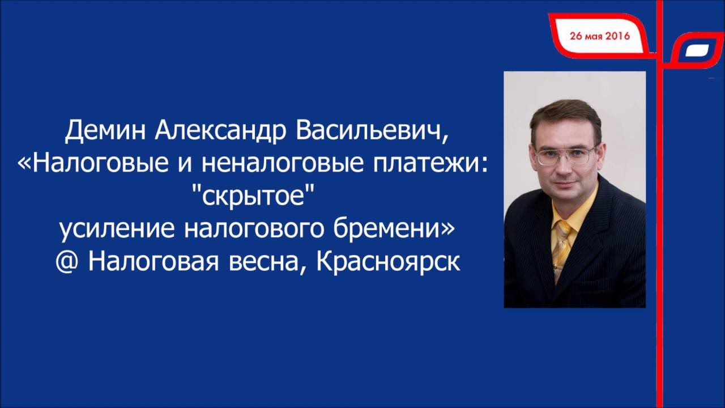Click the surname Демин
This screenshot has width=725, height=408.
pyautogui.click(x=105, y=130)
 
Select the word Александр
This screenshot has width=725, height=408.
pyautogui.click(x=220, y=130)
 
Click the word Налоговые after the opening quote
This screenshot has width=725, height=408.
pyautogui.click(x=100, y=163)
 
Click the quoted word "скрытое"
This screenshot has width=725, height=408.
pyautogui.click(x=253, y=196)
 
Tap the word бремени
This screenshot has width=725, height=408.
pyautogui.click(x=388, y=228)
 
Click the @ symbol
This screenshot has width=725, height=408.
pyautogui.click(x=66, y=262)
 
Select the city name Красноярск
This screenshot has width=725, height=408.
pyautogui.click(x=388, y=262)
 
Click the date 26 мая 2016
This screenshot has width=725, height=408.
pyautogui.click(x=600, y=36)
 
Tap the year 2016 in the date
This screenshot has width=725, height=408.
pyautogui.click(x=617, y=36)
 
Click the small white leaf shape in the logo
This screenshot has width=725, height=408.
pyautogui.click(x=697, y=50)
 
